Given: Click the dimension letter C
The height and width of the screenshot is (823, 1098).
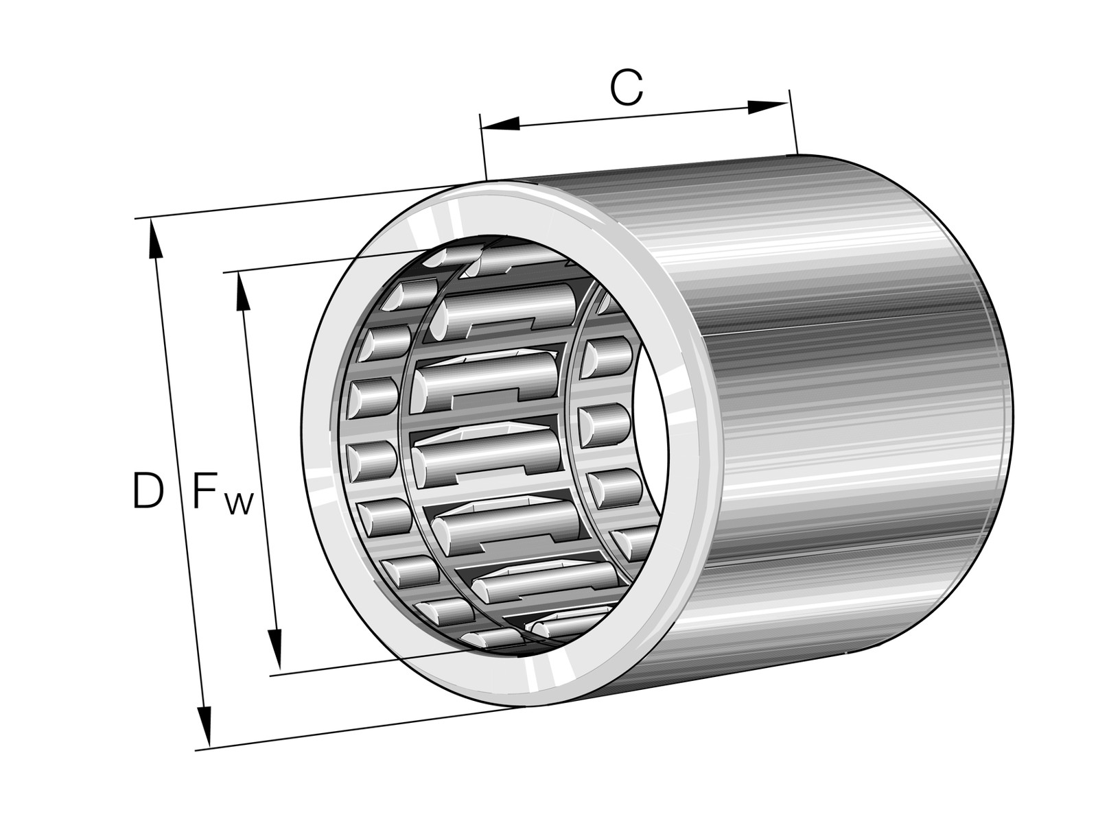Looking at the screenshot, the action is [x=627, y=88].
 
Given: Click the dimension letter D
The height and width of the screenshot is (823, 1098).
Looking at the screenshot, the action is [x=148, y=492].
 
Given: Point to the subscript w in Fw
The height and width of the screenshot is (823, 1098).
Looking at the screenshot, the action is [x=240, y=503].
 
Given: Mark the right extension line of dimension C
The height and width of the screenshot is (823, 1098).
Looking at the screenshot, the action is [x=793, y=122].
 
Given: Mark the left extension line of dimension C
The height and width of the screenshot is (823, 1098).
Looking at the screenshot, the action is [x=482, y=146].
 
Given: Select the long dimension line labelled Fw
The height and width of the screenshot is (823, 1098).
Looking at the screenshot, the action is [x=259, y=470].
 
